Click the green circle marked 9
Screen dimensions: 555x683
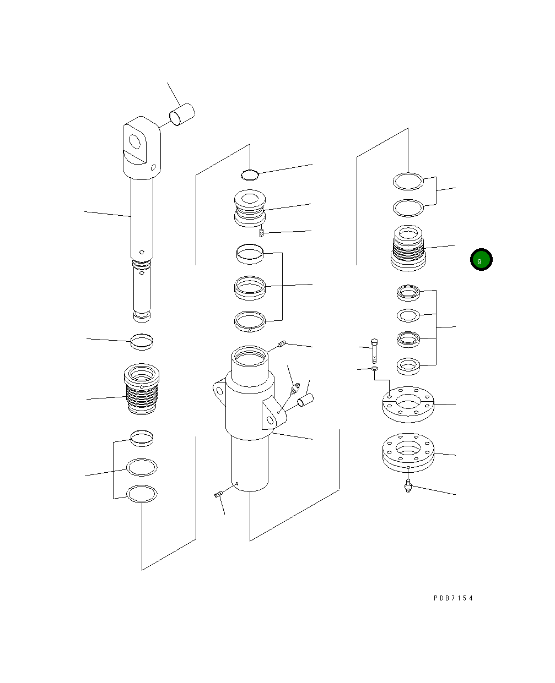(481, 259)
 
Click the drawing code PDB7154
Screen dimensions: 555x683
(453, 598)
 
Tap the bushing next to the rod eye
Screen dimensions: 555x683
(182, 114)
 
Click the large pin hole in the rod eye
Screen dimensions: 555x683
(135, 141)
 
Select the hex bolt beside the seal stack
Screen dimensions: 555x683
(374, 351)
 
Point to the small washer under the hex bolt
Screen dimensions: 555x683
(374, 368)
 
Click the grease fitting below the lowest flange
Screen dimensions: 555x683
(408, 486)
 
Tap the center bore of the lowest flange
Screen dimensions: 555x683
(408, 448)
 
